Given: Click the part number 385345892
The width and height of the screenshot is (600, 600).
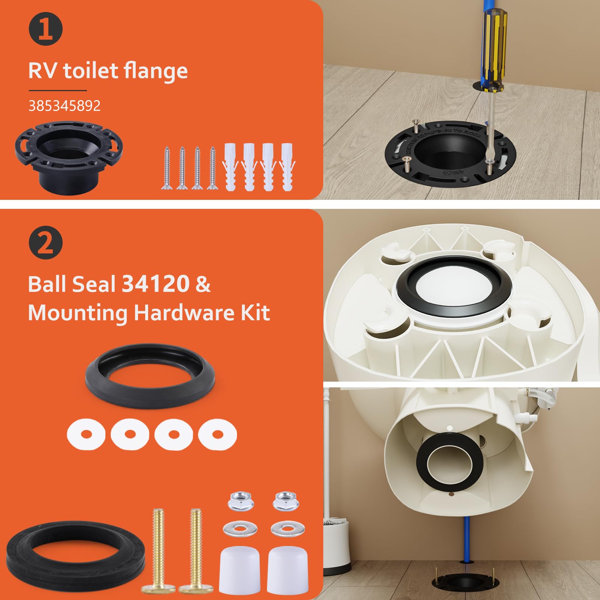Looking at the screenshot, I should (64, 106).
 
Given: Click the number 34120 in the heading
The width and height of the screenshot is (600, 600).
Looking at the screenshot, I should (156, 284).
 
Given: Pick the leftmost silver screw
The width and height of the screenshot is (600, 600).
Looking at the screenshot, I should (165, 167).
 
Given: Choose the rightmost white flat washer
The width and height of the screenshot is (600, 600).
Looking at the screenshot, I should (217, 434).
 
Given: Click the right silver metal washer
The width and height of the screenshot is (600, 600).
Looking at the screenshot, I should (282, 529).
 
